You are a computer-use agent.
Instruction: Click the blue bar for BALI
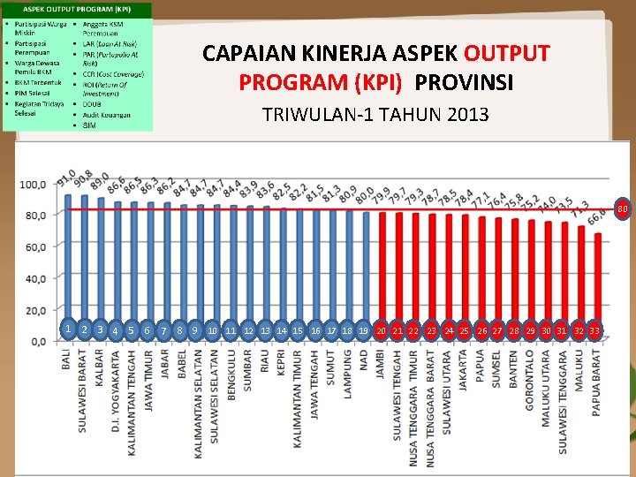[68, 265]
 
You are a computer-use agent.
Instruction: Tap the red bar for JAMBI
[381, 274]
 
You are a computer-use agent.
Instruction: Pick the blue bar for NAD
[364, 274]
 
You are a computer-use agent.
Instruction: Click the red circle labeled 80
[622, 209]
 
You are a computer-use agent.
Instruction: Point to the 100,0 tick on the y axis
[33, 185]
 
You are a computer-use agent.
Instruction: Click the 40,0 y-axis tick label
[34, 279]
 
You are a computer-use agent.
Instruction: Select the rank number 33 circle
[595, 330]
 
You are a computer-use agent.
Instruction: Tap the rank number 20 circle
[381, 330]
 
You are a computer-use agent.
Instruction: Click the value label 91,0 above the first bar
[65, 178]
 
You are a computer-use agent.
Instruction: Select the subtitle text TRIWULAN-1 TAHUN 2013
[375, 115]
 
